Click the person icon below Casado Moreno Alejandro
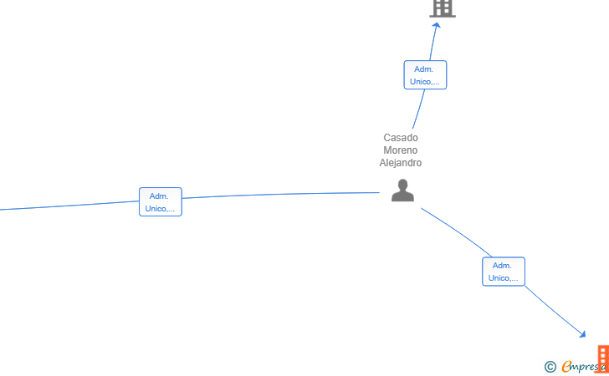pos(402,191)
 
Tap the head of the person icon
pos(402,185)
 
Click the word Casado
pos(401,138)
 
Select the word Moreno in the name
pos(401,150)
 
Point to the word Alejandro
pos(401,163)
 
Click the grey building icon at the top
pos(443,8)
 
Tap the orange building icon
pos(603,359)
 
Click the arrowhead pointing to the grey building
pos(437,25)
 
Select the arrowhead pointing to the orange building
pos(582,334)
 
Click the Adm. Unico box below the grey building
pos(425,75)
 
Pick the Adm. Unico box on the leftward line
pos(161,201)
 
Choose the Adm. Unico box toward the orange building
pos(504,272)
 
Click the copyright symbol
pos(550,367)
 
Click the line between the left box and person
pos(280,194)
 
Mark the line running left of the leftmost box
pos(69,206)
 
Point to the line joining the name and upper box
pos(419,109)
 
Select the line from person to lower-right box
pos(458,231)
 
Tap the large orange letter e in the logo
pos(566,366)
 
